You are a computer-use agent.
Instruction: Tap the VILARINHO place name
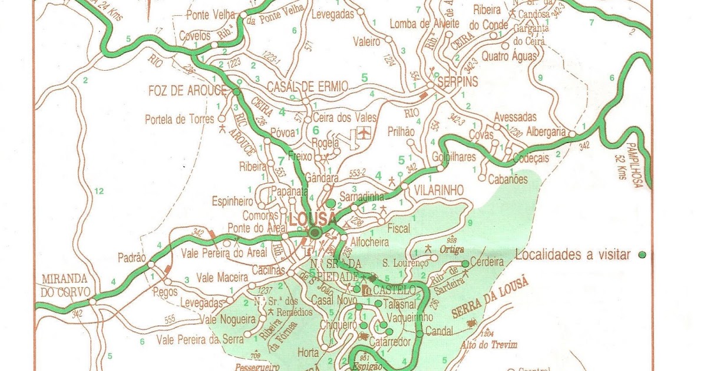(439, 190)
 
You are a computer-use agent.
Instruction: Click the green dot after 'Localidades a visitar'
(642, 254)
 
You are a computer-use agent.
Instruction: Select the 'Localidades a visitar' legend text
(573, 255)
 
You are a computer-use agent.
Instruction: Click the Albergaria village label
(546, 132)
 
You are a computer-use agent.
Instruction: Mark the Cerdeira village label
(487, 262)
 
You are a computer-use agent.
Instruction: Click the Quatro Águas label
(510, 57)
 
